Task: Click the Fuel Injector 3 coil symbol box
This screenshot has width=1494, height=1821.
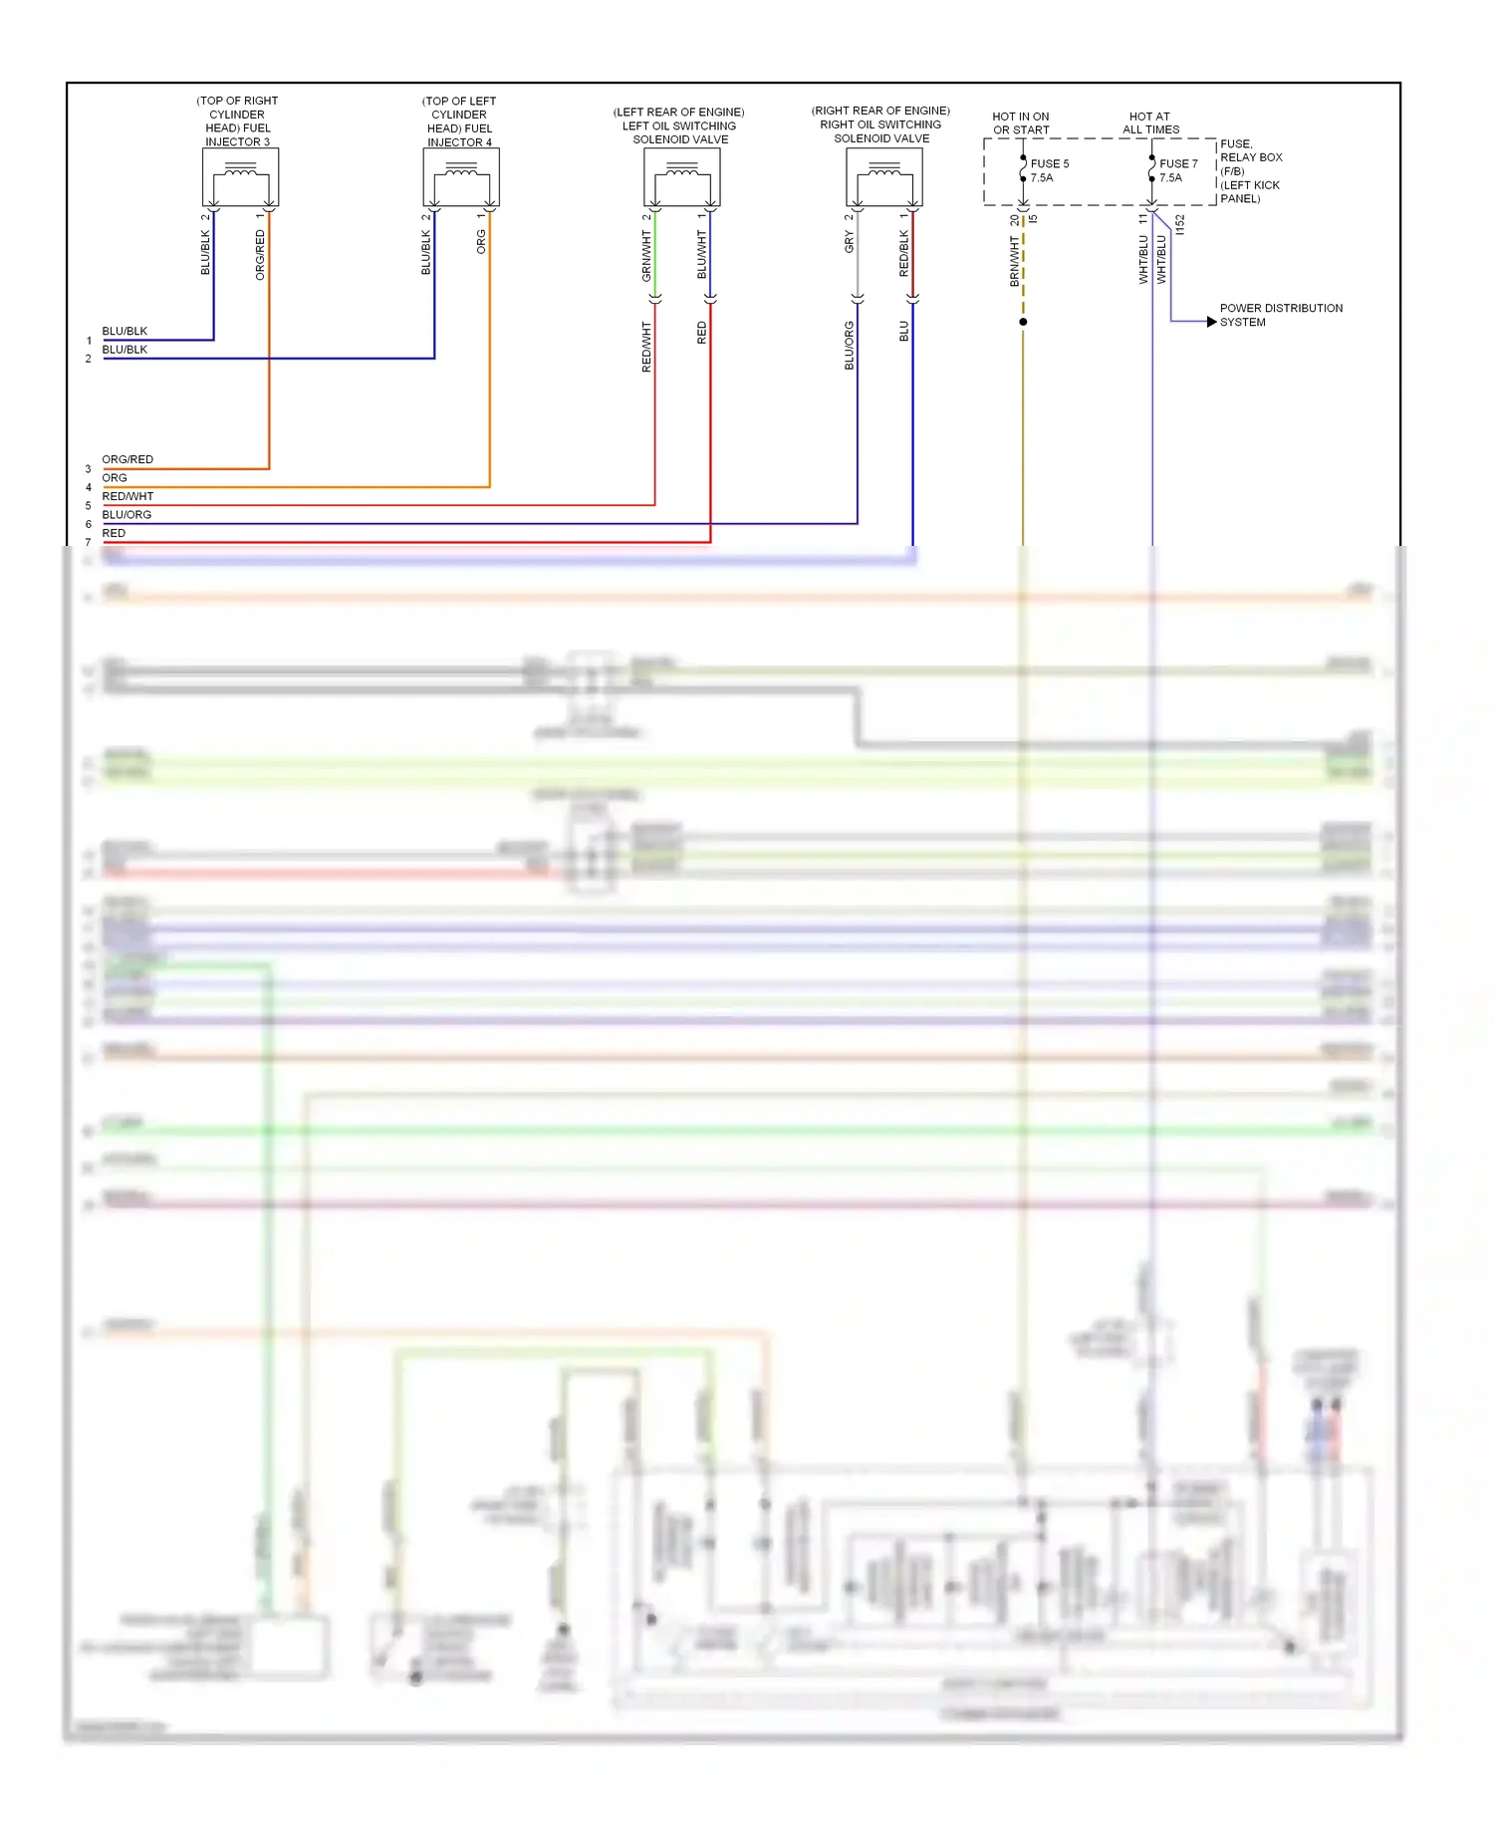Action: pos(240,176)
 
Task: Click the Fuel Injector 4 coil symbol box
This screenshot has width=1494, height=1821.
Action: pos(461,176)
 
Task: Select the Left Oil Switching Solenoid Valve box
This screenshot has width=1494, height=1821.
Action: pos(682,176)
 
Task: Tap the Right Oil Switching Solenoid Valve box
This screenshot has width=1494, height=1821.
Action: pos(884,176)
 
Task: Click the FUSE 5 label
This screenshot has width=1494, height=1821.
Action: pos(1050,163)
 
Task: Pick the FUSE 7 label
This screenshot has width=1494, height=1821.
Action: pos(1178,163)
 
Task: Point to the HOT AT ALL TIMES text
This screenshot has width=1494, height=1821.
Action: pos(1150,123)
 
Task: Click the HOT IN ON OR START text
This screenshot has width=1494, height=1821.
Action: pos(1021,123)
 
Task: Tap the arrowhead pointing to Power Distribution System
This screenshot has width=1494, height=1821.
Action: pos(1211,322)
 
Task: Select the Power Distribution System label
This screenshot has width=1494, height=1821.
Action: pos(1280,315)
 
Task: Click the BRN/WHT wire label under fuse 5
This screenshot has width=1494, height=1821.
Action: pos(1015,261)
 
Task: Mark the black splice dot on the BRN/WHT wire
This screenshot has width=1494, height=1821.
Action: pos(1023,322)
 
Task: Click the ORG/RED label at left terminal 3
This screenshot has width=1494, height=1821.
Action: pos(127,459)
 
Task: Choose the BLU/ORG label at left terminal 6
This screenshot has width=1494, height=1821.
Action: pos(126,514)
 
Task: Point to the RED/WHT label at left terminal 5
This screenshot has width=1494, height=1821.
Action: pos(127,496)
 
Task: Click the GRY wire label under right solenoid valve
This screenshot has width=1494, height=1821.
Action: pos(849,241)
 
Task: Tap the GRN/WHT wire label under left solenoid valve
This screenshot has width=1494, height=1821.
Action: pos(646,255)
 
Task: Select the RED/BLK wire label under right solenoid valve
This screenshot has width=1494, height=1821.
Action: pos(904,253)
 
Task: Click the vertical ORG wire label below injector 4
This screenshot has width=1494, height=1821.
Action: pos(481,241)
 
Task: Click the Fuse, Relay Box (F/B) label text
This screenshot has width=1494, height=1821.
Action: pos(1251,171)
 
